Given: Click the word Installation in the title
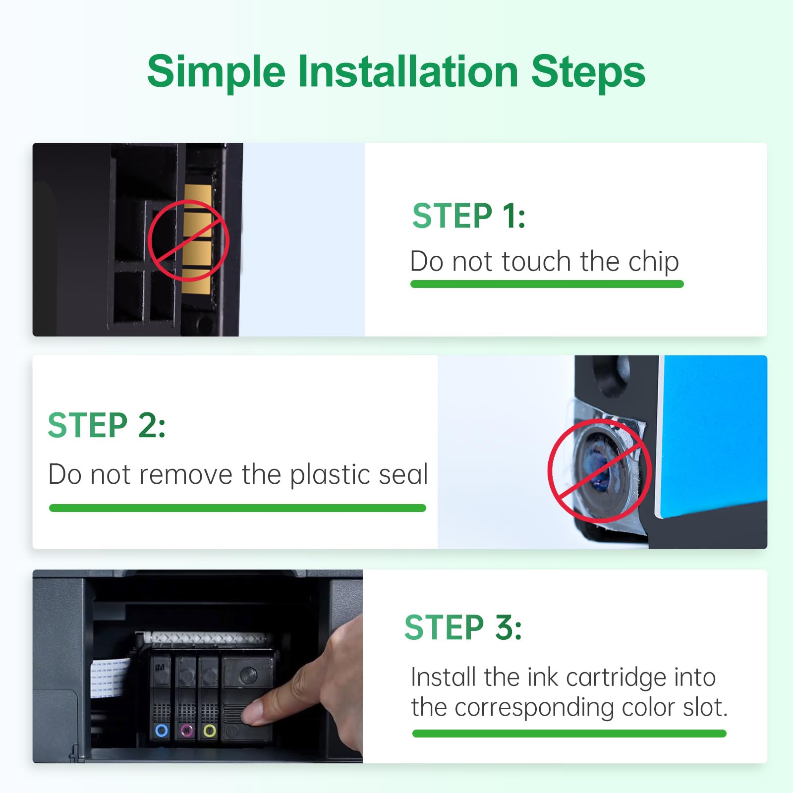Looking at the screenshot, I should pos(407,72).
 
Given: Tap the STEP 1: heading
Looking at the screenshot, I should pos(468,216).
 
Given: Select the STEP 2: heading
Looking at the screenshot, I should pos(107,425).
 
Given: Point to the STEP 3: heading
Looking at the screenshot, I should pos(463,627).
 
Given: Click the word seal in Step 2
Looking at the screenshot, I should pos(403,474).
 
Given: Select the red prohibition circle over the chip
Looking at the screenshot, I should pos(188,240).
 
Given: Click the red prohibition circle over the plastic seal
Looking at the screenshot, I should pos(599,471).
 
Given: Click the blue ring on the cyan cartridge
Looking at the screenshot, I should pos(162,730).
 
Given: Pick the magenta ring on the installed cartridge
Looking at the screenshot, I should pos(187,730).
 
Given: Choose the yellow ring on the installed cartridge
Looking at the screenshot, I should pos(210,731).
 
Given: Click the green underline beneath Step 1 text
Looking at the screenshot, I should pos(547,284).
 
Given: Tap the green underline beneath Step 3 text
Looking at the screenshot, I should pos(569,734).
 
